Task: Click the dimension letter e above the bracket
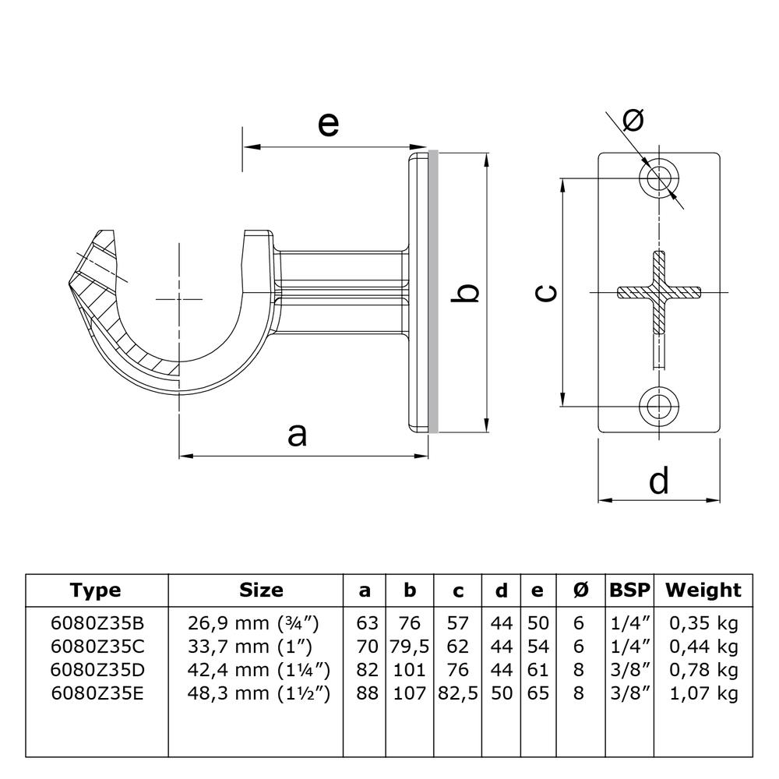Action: point(329,124)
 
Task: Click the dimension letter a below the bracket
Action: point(297,435)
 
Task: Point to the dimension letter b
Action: point(467,293)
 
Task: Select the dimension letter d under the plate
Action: point(659,481)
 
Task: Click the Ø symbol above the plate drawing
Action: point(634,120)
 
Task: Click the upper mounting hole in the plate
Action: point(660,178)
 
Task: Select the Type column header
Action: point(96,590)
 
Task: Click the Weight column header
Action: point(703,590)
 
